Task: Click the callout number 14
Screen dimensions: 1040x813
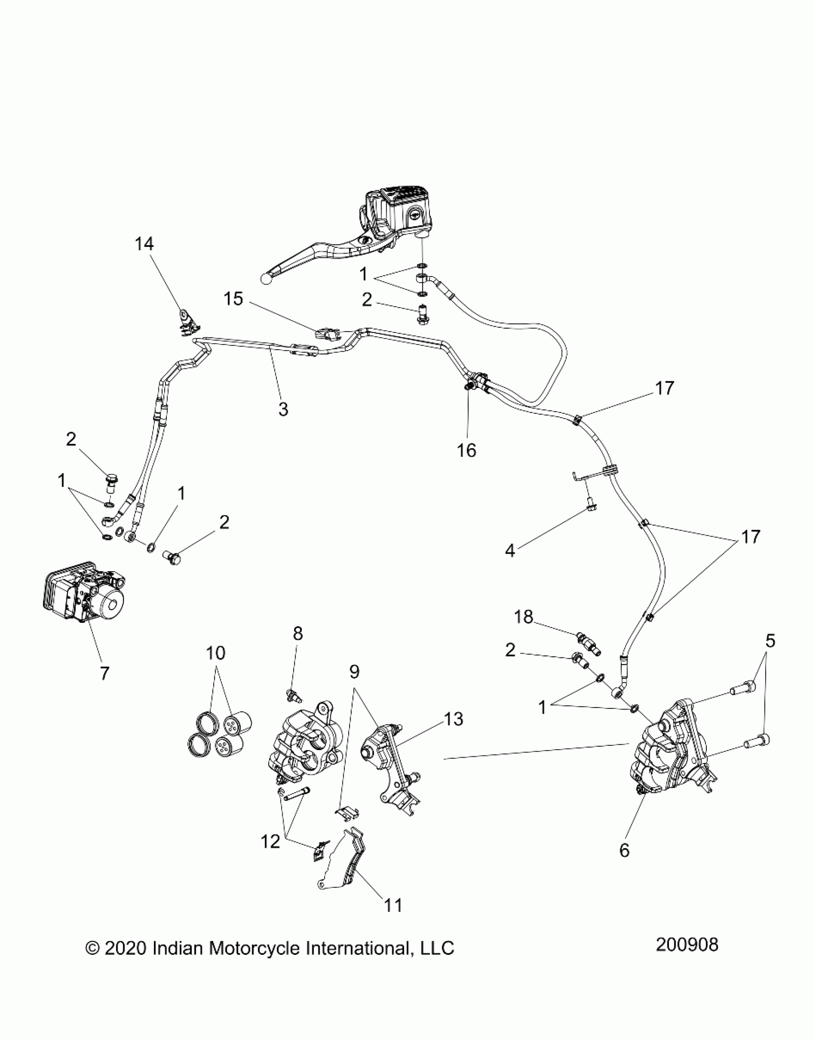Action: click(x=144, y=244)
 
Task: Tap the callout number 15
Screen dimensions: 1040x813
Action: click(x=233, y=299)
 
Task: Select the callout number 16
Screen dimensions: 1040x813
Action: click(x=467, y=450)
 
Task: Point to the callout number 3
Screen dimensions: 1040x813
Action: click(x=283, y=409)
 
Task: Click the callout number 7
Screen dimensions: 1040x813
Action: click(x=104, y=673)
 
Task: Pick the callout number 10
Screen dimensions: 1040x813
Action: click(x=215, y=653)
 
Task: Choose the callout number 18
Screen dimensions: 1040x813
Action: click(x=524, y=617)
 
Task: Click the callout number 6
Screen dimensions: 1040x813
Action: click(x=625, y=850)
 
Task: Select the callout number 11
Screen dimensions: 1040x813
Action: click(x=394, y=905)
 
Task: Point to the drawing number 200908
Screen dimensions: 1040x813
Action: click(x=687, y=945)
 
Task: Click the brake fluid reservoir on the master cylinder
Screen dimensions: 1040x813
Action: click(x=402, y=210)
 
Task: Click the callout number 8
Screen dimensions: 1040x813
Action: click(x=297, y=634)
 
